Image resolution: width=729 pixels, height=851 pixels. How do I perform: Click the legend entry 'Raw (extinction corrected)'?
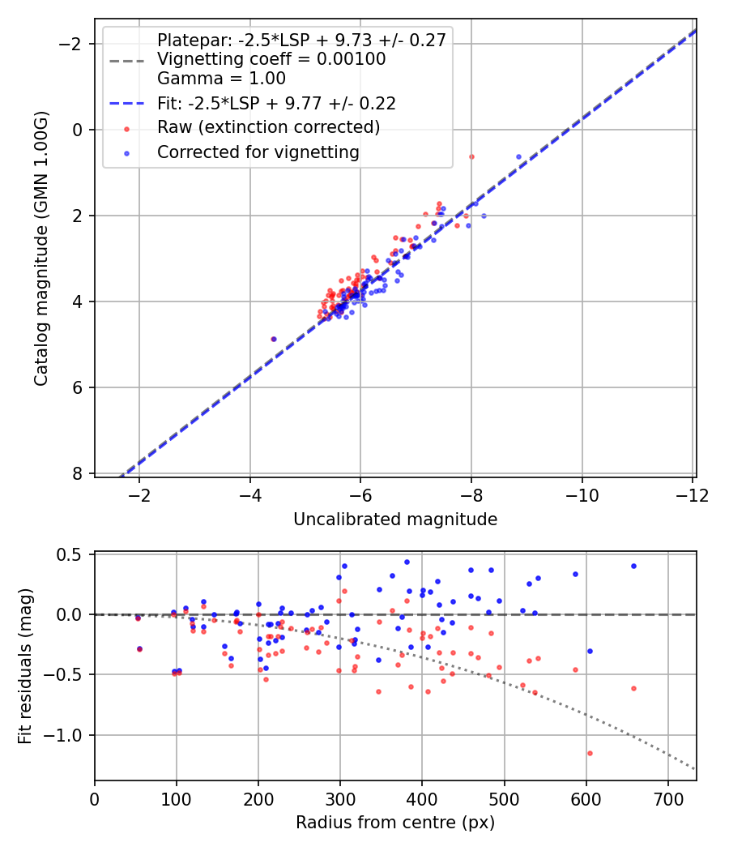268,127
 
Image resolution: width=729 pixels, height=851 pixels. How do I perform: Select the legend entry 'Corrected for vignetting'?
258,152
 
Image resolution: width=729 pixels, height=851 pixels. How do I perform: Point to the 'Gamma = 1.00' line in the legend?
221,79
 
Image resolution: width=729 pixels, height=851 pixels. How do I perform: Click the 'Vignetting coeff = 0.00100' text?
271,59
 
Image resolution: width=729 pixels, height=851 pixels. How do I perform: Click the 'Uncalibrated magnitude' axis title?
395,519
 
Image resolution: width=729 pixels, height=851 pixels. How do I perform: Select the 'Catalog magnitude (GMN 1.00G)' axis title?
41,246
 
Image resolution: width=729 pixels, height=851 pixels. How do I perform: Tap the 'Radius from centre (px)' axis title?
395,823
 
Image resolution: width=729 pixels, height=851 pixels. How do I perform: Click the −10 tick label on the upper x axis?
582,494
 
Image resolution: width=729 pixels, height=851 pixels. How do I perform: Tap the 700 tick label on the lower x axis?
667,798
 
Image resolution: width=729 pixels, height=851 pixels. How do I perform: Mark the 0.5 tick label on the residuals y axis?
74,554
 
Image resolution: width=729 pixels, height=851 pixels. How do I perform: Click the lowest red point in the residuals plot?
590,753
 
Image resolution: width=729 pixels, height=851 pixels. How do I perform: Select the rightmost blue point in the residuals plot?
633,566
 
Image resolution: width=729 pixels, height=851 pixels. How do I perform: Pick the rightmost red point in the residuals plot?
633,688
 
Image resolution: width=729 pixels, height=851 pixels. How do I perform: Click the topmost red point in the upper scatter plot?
471,156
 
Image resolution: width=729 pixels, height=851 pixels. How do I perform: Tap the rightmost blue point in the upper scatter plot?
518,156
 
